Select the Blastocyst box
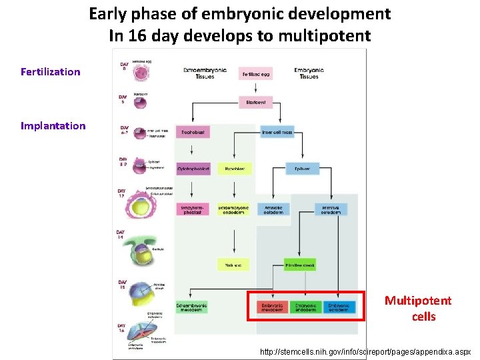click(x=255, y=102)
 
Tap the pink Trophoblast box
click(x=193, y=133)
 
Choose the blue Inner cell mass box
click(x=277, y=133)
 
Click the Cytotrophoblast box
click(x=193, y=169)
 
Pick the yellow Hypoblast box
click(x=234, y=169)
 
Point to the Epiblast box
click(x=302, y=169)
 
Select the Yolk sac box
click(x=233, y=265)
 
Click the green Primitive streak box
click(x=300, y=265)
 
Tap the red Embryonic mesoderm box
click(x=271, y=307)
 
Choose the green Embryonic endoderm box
click(x=305, y=307)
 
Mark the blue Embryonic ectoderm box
click(x=339, y=307)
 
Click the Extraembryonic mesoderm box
click(x=192, y=307)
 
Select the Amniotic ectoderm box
click(x=273, y=209)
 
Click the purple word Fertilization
click(x=51, y=72)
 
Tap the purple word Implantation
click(x=53, y=126)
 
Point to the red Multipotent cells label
click(x=418, y=309)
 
